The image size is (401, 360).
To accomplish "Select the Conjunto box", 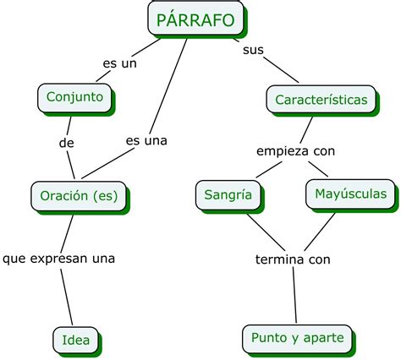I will point(75,97).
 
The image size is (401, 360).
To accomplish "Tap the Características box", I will point(321,100).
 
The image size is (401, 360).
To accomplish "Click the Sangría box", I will point(228,194).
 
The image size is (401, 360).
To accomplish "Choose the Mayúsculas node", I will point(350,194).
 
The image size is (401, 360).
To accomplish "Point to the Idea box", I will point(75,340).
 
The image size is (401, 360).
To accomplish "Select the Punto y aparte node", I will point(297,338).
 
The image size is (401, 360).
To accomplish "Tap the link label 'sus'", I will point(252,50).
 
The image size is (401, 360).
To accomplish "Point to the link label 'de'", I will point(67,143).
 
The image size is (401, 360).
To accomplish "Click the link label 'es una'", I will point(146,140).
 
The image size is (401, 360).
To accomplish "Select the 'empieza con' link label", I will point(296,151).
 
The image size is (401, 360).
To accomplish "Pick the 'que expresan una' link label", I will point(58,257).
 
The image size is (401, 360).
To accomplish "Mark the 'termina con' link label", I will point(293,259).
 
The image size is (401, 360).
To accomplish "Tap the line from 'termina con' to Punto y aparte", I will point(294,296).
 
